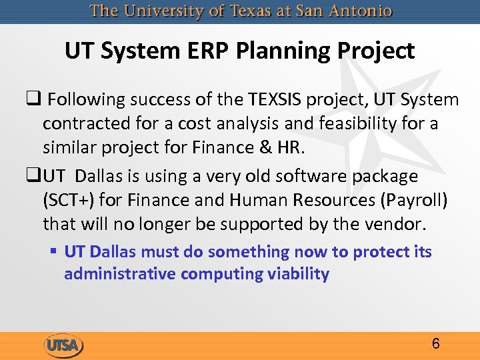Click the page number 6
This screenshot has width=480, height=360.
[x=435, y=344]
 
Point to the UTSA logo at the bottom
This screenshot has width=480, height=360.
[x=63, y=345]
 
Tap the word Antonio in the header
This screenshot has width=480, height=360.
[x=361, y=11]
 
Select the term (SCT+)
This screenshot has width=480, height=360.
[x=66, y=201]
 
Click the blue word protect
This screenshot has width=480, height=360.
[x=381, y=252]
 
